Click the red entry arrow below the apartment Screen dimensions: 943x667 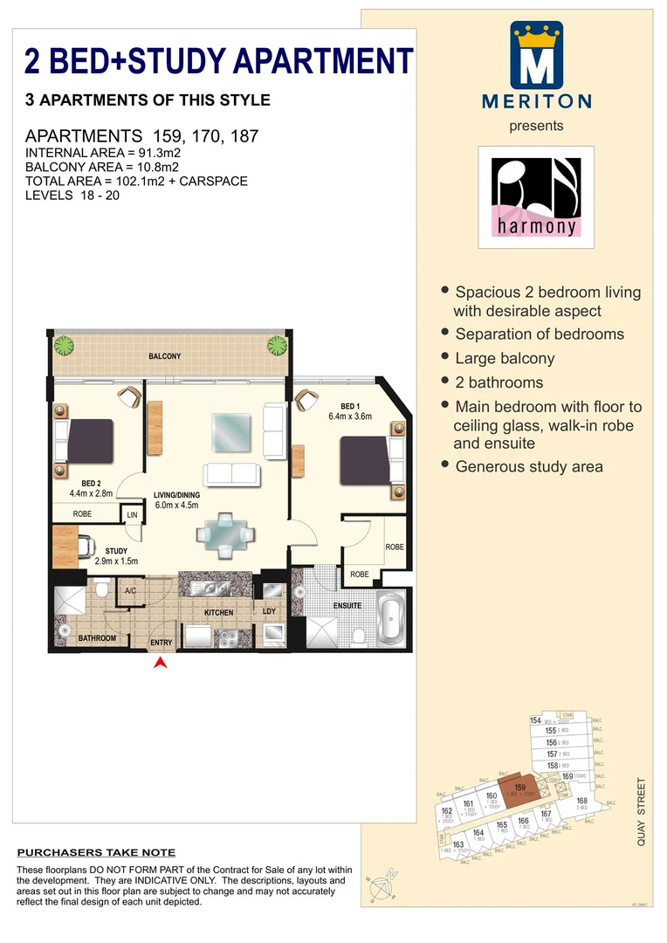[x=160, y=663]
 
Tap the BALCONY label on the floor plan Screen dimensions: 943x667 [x=164, y=356]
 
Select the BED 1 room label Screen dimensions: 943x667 [x=349, y=406]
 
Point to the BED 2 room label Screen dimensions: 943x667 [x=92, y=483]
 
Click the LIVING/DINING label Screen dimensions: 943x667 [x=177, y=494]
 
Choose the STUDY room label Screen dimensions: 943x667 [x=117, y=550]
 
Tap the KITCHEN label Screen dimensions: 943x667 [x=218, y=613]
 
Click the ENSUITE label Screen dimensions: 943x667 [x=347, y=605]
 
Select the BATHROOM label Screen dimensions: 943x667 [x=97, y=638]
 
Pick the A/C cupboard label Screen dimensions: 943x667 [x=130, y=591]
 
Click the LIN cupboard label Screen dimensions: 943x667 [x=132, y=515]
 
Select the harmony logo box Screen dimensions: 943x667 [x=536, y=196]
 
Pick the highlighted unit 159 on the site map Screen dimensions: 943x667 [x=520, y=788]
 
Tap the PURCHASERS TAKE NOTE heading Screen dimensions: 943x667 [x=97, y=852]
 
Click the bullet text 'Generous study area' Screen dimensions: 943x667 [x=528, y=467]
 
